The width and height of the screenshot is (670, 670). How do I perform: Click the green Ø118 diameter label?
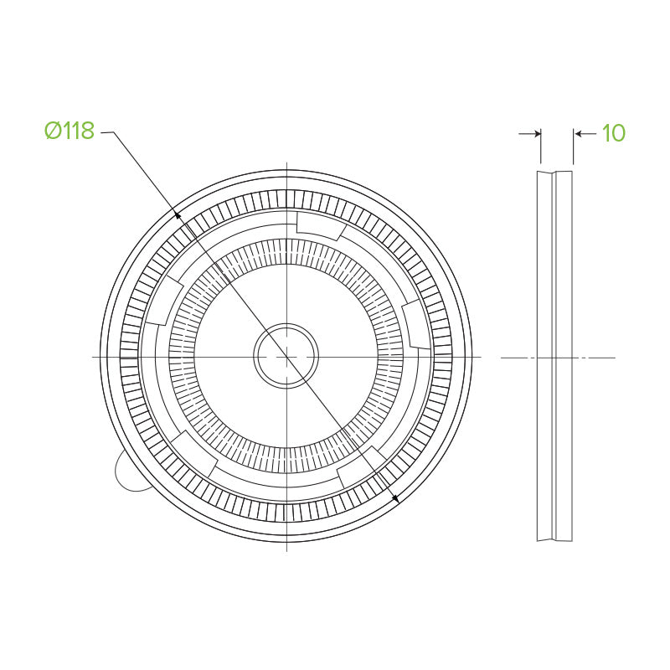coord(70,131)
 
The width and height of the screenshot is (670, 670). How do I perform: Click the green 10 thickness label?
coord(614,133)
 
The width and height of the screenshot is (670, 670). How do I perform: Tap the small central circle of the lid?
coord(286,356)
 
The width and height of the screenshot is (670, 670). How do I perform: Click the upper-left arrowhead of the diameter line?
coord(178,214)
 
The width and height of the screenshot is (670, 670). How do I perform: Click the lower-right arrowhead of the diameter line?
coord(395,497)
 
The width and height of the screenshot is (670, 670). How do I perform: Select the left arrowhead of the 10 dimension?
coord(538,134)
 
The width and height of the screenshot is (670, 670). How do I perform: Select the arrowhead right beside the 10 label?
coord(578,134)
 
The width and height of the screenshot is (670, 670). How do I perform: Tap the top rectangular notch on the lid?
coord(321,225)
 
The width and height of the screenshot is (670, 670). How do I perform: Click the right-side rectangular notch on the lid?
coord(416,324)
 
